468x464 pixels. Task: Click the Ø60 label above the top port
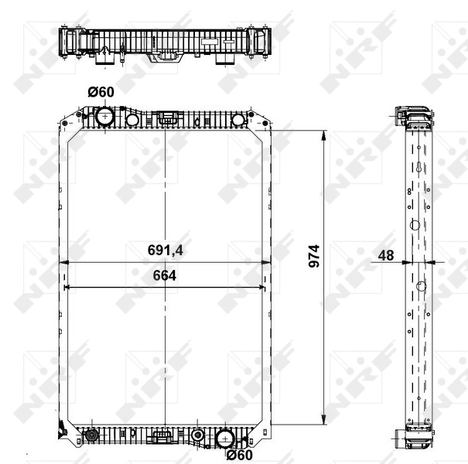(x=101, y=92)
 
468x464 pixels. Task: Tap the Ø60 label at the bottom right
(x=240, y=455)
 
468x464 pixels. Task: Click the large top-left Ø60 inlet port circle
(x=104, y=118)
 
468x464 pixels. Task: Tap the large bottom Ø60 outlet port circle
(x=225, y=438)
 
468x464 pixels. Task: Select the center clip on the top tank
(x=167, y=119)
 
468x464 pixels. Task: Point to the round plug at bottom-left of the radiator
(x=91, y=437)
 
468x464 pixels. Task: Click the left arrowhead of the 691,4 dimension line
(x=64, y=263)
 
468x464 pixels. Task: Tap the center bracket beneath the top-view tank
(x=165, y=56)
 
